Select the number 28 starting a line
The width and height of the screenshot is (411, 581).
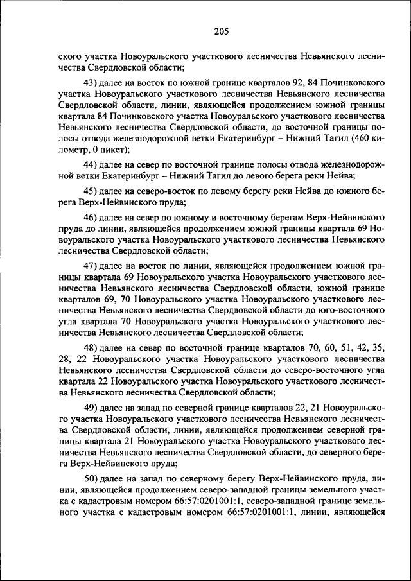click(x=64, y=360)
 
